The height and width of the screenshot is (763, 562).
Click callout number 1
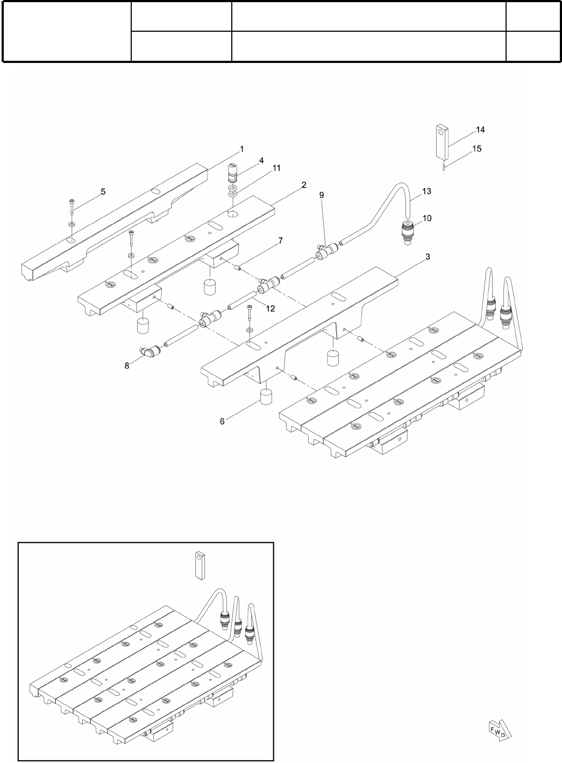(x=242, y=148)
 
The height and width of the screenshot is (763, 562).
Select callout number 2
(x=304, y=185)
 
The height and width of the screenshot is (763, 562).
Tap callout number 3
(x=428, y=257)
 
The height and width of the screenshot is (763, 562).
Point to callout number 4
(x=261, y=160)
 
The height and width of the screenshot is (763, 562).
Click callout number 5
(x=103, y=191)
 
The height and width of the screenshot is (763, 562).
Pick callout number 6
(x=222, y=422)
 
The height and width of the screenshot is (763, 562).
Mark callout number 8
(x=127, y=365)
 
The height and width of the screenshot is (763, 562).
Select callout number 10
(x=427, y=218)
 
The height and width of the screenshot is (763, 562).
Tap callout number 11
(x=276, y=168)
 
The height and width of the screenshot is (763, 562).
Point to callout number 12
(x=271, y=308)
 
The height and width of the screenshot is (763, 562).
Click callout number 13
(x=427, y=191)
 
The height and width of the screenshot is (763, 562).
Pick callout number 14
(x=480, y=130)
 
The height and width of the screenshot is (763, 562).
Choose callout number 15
(x=477, y=149)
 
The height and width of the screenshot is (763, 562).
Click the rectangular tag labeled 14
(x=442, y=141)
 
